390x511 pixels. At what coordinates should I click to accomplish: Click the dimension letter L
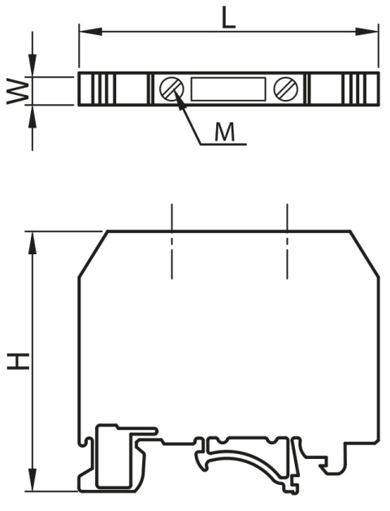tap(228, 18)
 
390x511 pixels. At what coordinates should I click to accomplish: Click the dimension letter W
tap(18, 91)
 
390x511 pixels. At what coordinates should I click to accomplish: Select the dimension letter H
tap(18, 362)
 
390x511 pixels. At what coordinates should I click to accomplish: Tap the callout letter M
tap(224, 132)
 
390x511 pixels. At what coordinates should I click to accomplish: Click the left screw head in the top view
tap(171, 89)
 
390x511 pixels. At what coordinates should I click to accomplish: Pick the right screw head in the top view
tap(286, 89)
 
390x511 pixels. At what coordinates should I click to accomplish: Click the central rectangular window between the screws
tap(228, 89)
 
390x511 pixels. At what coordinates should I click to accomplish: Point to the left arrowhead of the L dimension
tap(91, 32)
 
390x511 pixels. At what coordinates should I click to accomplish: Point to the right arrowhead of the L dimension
tap(366, 32)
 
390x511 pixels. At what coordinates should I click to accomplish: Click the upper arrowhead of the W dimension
tap(32, 65)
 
